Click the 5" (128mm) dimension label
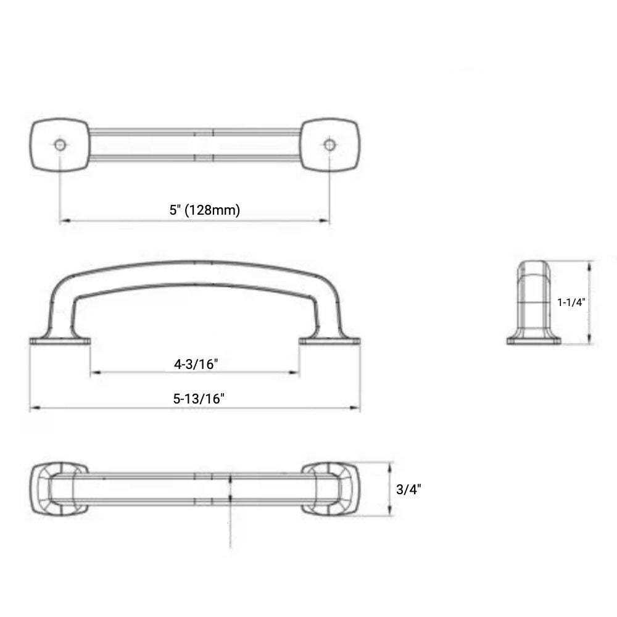click(205, 210)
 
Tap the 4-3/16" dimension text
click(196, 364)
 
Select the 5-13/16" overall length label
click(199, 399)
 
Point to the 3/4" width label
click(408, 489)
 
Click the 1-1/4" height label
click(571, 302)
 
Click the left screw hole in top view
click(60, 145)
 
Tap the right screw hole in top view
click(329, 145)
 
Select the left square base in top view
click(60, 145)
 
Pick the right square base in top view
click(329, 145)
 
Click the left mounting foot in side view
click(60, 341)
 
